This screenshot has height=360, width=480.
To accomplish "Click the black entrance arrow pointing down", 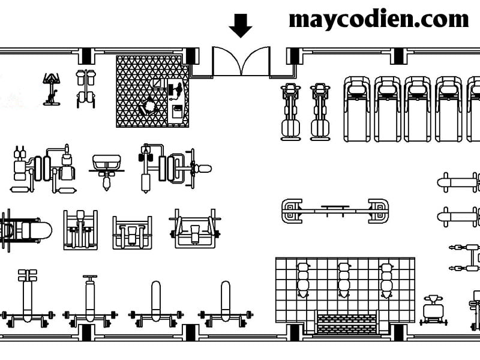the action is pos(241,25).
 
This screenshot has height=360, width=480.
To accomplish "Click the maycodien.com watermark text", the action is pos(379,20).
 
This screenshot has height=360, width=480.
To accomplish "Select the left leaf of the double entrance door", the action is pos(227,61).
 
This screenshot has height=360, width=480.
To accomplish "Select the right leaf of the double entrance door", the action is pos(256,61).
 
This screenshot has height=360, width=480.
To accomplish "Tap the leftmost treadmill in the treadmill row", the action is pos(357,109).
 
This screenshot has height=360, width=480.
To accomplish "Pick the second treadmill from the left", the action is pos(388,109).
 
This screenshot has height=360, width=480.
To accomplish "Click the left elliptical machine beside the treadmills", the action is pos(290,112).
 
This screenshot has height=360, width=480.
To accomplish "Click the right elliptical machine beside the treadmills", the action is pos(320,112).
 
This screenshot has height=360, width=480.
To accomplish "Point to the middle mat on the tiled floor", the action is pos(344,280).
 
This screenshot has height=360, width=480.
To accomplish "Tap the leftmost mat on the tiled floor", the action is pos(303,280).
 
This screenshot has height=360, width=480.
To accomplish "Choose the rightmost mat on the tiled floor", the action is pos(386,280).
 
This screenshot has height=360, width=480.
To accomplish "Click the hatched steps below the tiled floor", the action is pos(347,324).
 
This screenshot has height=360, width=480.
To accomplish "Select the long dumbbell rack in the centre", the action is pos(335,211).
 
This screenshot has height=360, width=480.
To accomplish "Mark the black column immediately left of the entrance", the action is pos(191,56).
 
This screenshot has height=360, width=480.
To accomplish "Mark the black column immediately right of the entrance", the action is pos(294,56).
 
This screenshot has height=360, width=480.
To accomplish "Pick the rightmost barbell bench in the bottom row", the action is pos(226,304).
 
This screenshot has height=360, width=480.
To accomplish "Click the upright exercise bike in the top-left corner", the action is pos(52,89).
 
